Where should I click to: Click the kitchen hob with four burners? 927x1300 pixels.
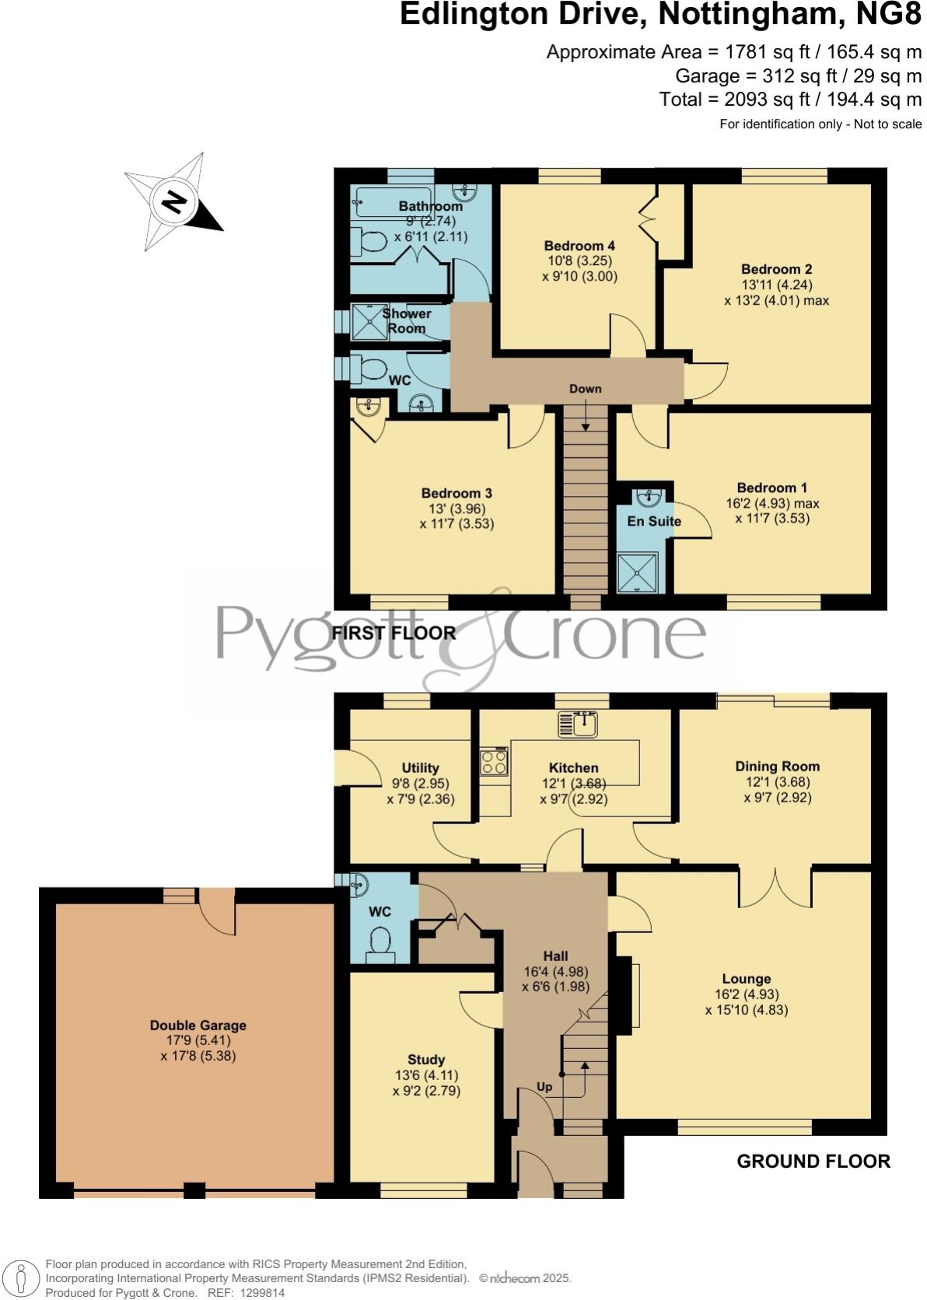494,762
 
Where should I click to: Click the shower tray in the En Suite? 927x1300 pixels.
637,573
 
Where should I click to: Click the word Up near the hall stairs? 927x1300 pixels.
544,1087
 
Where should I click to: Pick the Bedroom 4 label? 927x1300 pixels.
579,246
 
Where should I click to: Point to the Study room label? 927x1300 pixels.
426,1059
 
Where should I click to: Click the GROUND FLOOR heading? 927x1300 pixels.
813,1161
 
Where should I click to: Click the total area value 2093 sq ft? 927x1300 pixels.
754,100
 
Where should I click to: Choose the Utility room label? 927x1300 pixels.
420,767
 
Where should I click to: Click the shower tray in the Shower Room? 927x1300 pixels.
369,321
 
